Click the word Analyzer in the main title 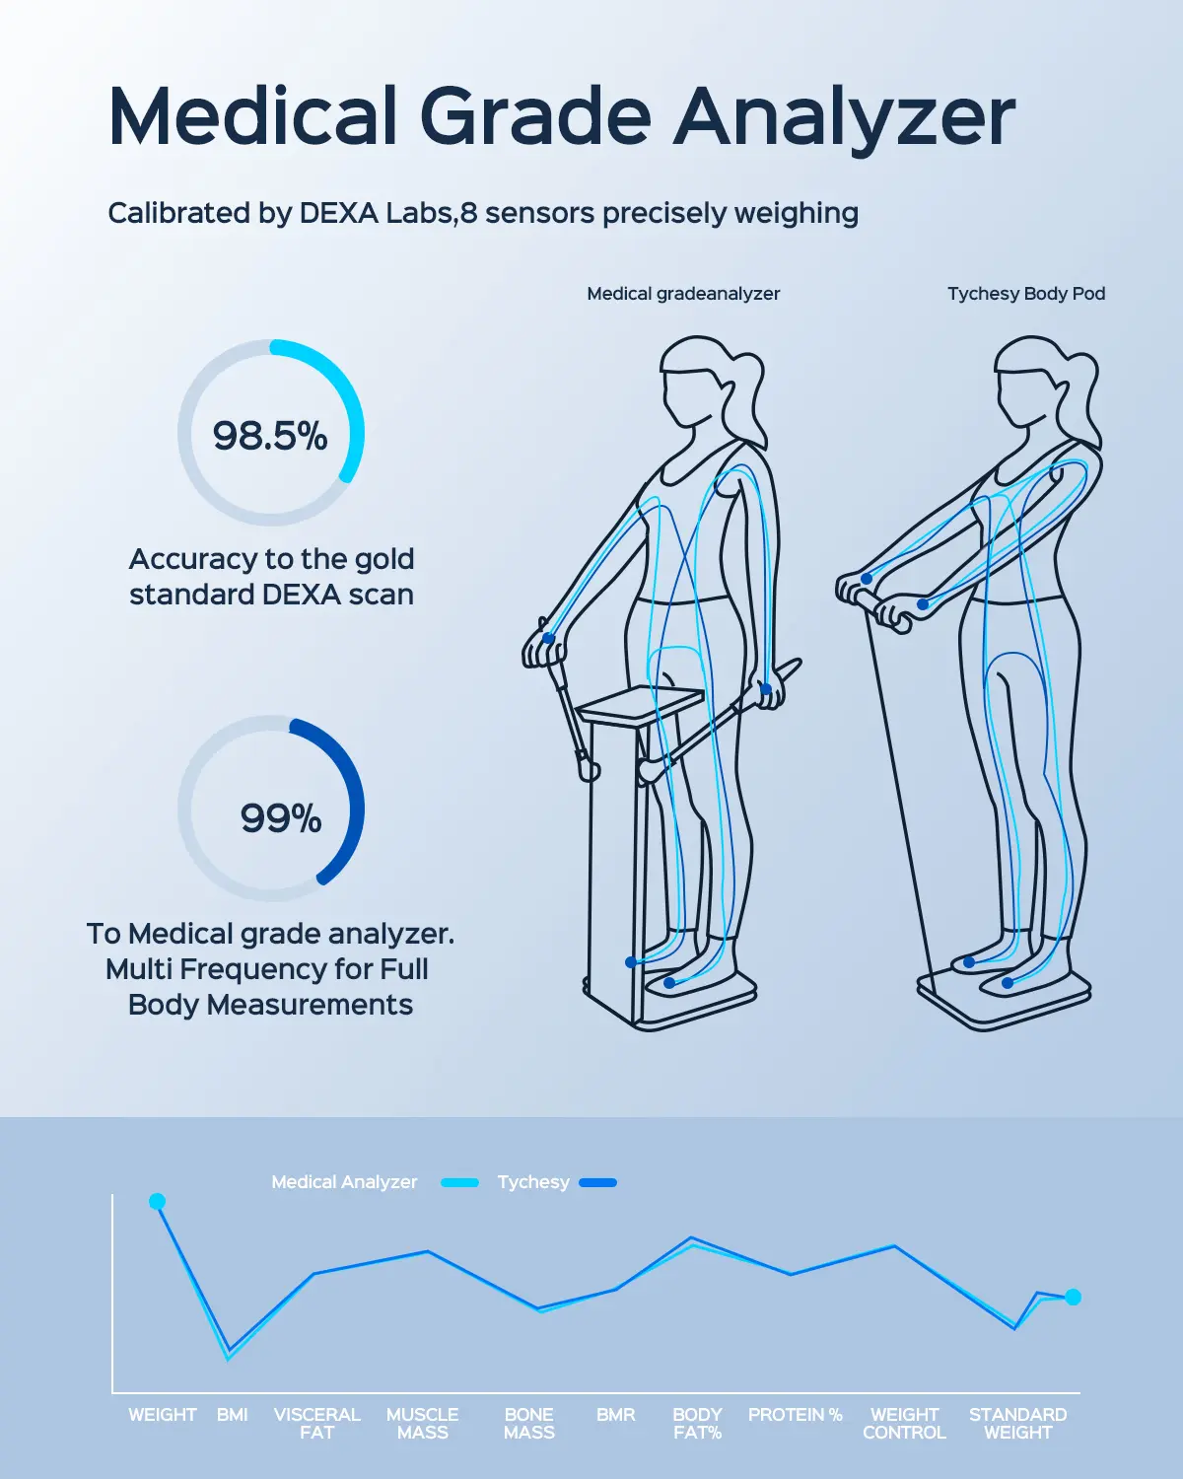844,118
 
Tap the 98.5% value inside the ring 270,436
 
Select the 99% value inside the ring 281,818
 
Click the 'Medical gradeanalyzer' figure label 683,294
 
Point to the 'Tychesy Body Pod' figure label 1026,294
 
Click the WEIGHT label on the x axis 163,1415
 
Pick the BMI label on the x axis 233,1415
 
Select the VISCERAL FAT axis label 317,1423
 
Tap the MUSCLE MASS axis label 423,1423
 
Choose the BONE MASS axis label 529,1423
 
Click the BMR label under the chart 616,1415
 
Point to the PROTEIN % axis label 796,1415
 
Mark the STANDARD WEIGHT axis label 1018,1423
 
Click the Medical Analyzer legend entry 345,1182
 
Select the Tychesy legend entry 533,1182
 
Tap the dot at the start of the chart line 157,1201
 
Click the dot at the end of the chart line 1074,1297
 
